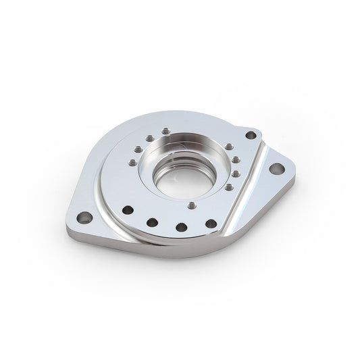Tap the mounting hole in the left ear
pyautogui.click(x=82, y=218)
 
